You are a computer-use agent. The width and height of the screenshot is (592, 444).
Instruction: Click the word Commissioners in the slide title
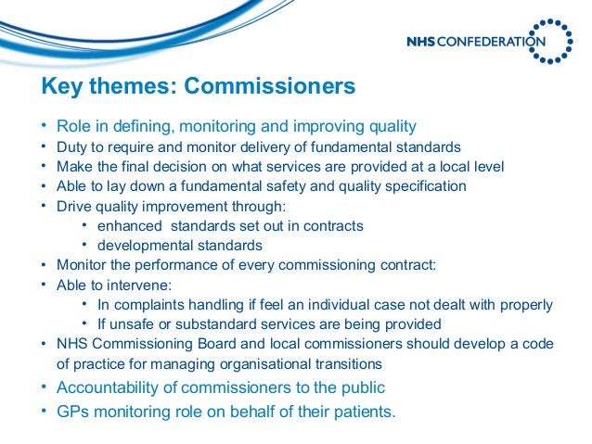click(x=269, y=87)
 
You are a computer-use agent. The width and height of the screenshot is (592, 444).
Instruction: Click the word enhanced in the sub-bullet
click(x=126, y=225)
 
